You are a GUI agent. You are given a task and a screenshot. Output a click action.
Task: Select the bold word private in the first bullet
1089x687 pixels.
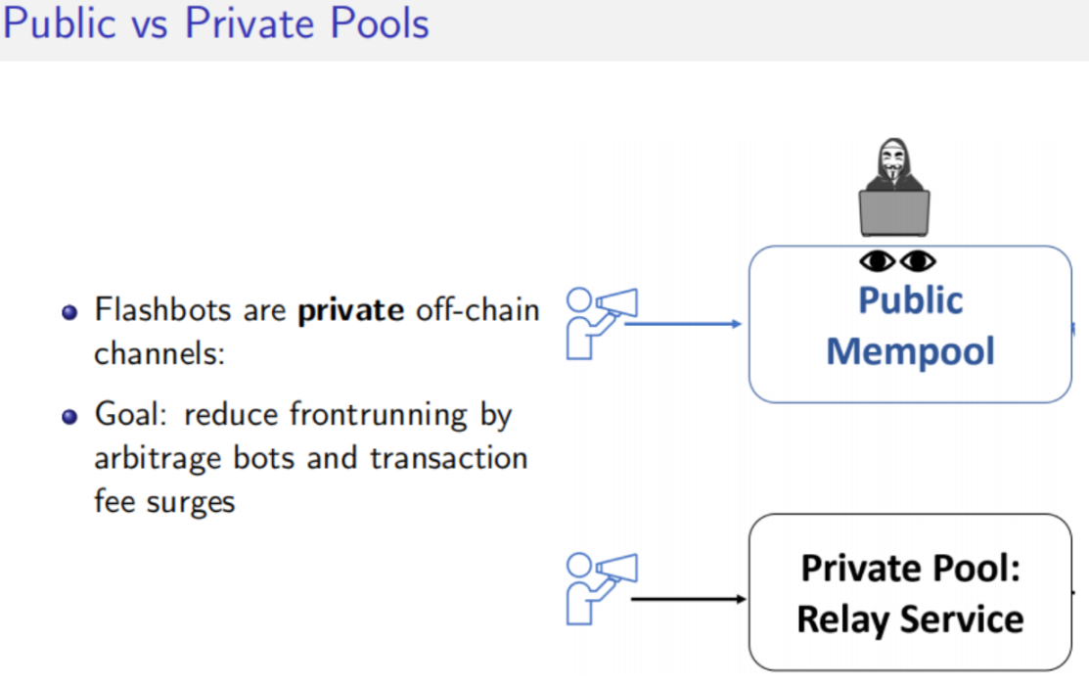point(351,311)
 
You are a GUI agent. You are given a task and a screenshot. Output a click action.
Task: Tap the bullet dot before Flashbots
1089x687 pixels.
point(68,313)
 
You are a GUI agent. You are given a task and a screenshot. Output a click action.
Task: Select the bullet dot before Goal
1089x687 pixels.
point(68,416)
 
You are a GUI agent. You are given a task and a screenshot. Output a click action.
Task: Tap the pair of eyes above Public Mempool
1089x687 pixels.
point(897,261)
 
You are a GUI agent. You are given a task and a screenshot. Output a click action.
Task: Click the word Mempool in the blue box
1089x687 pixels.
point(910,350)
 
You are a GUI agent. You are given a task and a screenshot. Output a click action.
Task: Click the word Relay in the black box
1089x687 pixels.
point(841,619)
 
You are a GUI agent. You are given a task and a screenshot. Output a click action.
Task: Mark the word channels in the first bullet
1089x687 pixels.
point(159,353)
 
